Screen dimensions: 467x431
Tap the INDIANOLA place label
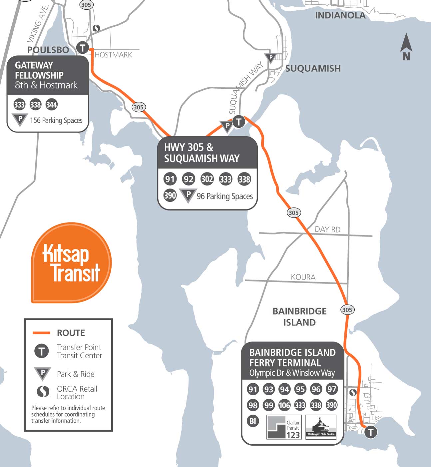pos(340,15)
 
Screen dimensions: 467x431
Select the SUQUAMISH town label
pos(313,68)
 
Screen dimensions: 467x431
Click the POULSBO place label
pos(48,50)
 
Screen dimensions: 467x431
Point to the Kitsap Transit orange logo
pos(71,263)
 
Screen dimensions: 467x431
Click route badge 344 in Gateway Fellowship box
pos(52,105)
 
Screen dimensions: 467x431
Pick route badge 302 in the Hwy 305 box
pos(207,179)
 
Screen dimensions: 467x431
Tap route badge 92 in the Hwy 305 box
pos(188,179)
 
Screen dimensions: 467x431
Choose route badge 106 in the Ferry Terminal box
pos(284,405)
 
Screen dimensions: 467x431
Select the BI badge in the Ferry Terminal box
pos(253,421)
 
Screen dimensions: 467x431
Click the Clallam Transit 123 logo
pos(284,427)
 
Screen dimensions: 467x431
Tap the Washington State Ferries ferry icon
pos(321,427)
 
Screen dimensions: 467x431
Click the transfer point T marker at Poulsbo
pos(83,47)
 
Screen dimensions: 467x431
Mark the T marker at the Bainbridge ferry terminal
pos(370,433)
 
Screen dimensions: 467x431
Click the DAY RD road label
pos(327,229)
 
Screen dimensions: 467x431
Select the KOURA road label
pos(303,277)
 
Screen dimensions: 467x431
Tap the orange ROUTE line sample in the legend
pos(41,333)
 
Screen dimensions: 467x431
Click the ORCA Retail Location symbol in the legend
pos(43,392)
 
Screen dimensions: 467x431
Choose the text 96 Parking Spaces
pos(224,196)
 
